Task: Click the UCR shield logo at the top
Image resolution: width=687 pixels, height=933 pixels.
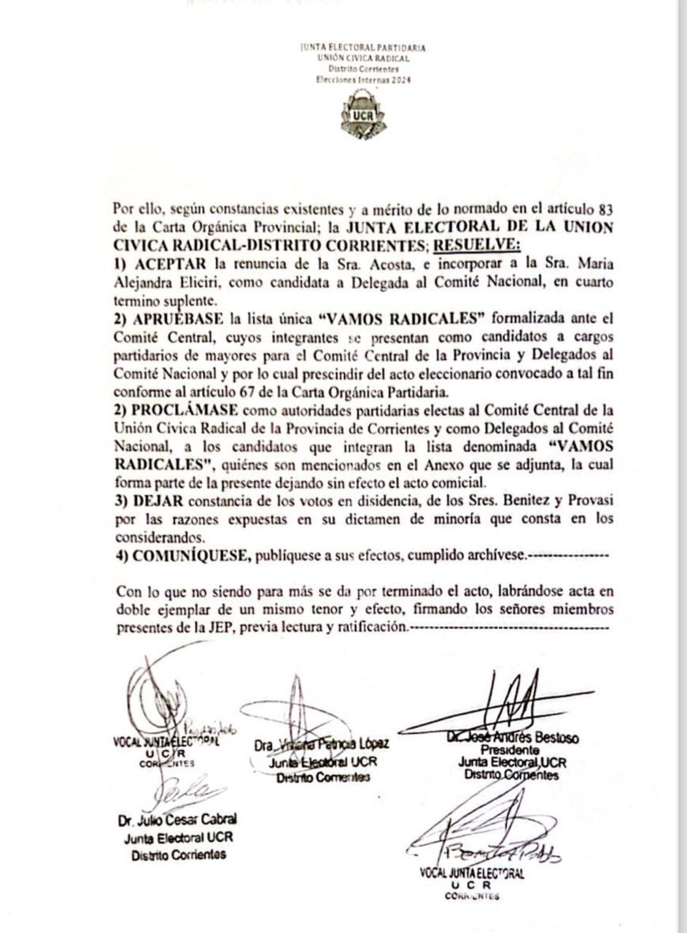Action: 362,116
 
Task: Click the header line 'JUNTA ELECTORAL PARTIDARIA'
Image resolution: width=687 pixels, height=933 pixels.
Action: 362,48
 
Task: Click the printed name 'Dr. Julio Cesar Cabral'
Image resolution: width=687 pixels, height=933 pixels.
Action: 177,821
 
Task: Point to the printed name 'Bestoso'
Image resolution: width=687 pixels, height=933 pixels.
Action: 555,738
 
